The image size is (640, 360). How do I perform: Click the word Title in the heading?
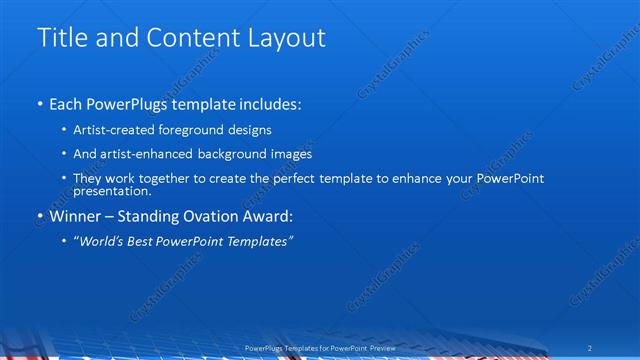pyautogui.click(x=59, y=38)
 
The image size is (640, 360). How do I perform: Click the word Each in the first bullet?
pyautogui.click(x=66, y=104)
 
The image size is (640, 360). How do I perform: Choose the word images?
pyautogui.click(x=291, y=154)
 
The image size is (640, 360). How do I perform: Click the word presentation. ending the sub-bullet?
pyautogui.click(x=112, y=191)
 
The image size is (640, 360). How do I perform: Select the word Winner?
pyautogui.click(x=76, y=215)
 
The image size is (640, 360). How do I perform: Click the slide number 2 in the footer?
pyautogui.click(x=592, y=347)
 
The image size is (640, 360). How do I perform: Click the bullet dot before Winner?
pyautogui.click(x=39, y=216)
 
